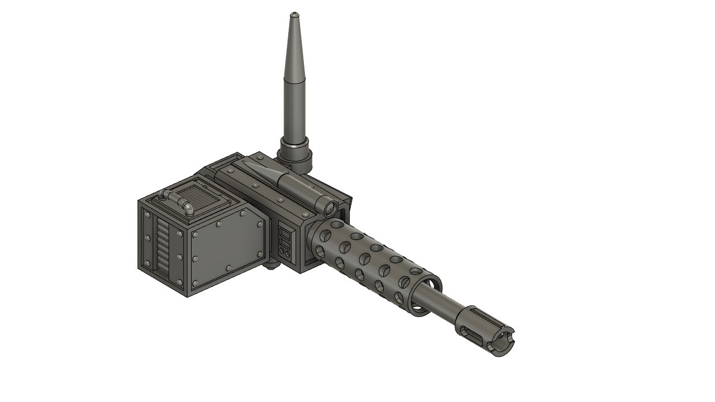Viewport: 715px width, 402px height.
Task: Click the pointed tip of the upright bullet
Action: (294, 14)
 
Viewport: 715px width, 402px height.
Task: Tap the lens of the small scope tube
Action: (330, 209)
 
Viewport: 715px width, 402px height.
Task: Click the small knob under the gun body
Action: (273, 267)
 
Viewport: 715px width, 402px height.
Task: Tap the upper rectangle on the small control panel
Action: (284, 233)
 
